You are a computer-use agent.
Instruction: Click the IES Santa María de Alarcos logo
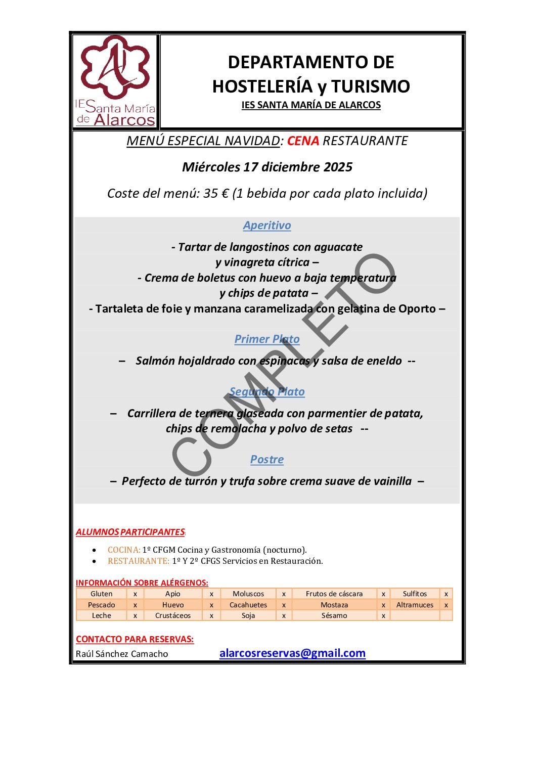115,81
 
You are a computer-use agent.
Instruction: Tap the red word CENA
303,141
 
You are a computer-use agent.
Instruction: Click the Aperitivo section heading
267,226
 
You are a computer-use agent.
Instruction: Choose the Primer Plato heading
267,339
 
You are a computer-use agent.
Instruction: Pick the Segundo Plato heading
267,392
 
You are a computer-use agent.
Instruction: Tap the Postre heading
267,460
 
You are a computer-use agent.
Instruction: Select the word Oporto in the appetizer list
417,309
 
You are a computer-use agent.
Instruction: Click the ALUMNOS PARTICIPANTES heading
130,532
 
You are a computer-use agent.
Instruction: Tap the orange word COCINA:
124,550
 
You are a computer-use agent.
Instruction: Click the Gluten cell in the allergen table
102,594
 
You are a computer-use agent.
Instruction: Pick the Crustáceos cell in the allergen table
173,615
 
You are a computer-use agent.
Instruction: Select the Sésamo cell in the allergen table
334,615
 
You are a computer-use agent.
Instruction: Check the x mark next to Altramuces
446,605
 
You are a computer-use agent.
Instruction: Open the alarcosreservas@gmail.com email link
292,653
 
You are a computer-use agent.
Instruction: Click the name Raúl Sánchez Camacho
122,654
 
